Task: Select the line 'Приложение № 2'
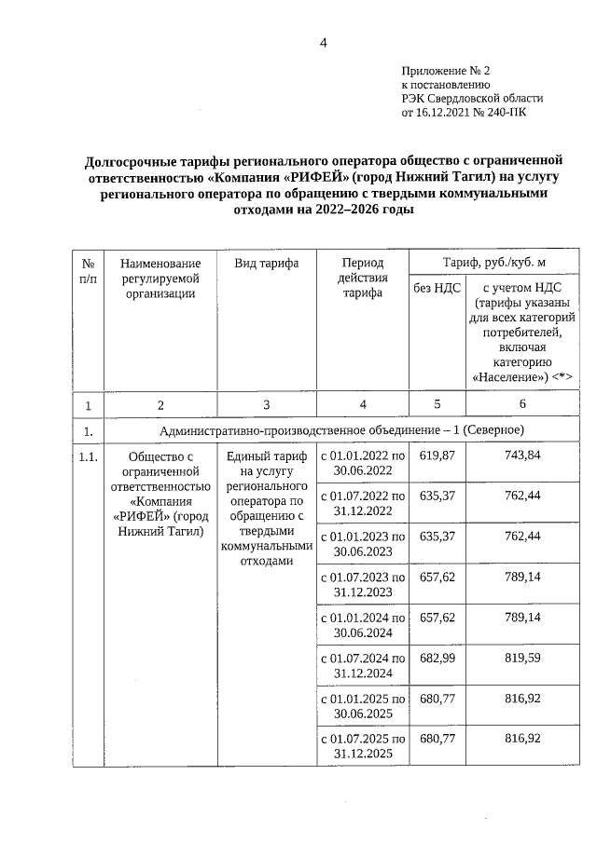pos(445,71)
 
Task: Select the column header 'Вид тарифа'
pos(267,264)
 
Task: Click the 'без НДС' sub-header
pos(437,288)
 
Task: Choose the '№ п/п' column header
pos(88,271)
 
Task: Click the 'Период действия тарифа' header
pos(362,279)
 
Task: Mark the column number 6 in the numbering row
pos(521,404)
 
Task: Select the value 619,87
pos(437,455)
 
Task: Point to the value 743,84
pos(522,455)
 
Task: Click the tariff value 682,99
pos(437,659)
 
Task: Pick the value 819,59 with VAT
pos(522,659)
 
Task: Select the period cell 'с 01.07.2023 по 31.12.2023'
pos(362,584)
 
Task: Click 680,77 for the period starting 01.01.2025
pos(437,698)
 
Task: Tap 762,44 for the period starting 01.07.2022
pos(522,496)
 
